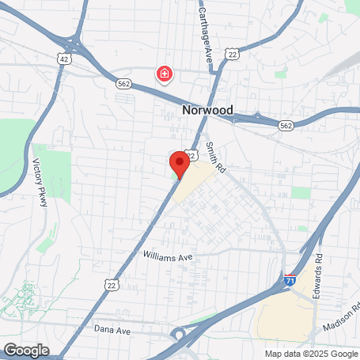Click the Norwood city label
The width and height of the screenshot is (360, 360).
click(x=207, y=111)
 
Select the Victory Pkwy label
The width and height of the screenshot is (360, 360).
click(x=40, y=184)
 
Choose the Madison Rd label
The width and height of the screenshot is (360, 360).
click(x=341, y=318)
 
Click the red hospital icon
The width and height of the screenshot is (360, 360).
click(x=165, y=74)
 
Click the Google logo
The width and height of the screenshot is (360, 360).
click(x=26, y=350)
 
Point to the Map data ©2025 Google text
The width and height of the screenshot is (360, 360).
click(x=310, y=354)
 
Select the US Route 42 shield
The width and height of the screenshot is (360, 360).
click(x=64, y=59)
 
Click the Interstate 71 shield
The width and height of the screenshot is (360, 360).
click(x=291, y=280)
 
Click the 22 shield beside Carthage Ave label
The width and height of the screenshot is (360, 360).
click(x=231, y=53)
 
